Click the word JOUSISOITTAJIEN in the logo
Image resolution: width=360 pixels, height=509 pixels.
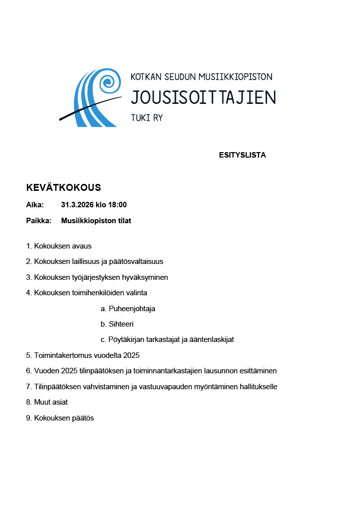click(x=203, y=97)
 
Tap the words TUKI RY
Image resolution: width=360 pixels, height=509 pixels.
click(x=147, y=118)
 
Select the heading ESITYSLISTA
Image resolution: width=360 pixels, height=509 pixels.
click(x=242, y=155)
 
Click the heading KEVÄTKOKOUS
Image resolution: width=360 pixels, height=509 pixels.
click(x=63, y=188)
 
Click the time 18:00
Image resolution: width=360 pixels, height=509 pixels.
click(x=117, y=205)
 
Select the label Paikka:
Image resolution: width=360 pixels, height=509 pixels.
click(x=39, y=221)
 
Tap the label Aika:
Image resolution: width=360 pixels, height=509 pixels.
click(x=35, y=205)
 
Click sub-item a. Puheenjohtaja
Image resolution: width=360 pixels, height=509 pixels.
click(x=128, y=309)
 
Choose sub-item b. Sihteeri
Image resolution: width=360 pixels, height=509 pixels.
click(x=117, y=324)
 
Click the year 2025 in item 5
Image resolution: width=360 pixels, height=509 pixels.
click(x=131, y=355)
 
